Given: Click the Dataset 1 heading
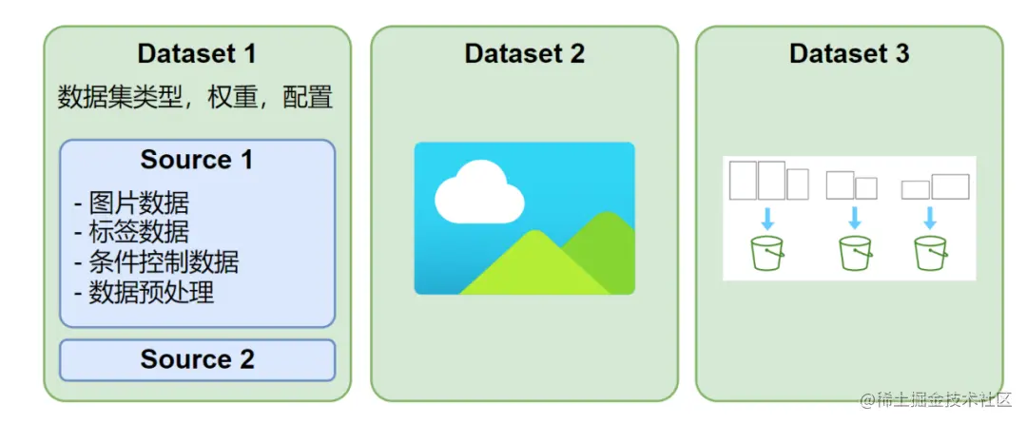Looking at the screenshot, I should click(x=197, y=53).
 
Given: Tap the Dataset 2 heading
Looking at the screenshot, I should click(x=524, y=53).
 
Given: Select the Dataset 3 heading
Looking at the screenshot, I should click(x=849, y=53).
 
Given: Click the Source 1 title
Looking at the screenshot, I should click(x=197, y=159).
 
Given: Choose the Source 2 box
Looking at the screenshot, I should click(x=197, y=359).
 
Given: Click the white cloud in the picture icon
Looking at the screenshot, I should click(x=478, y=194).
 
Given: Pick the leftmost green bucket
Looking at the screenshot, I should click(x=766, y=254).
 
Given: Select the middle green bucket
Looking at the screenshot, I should click(x=854, y=254).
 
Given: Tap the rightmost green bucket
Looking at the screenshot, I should click(x=930, y=254).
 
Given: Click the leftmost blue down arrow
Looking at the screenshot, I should click(x=766, y=216).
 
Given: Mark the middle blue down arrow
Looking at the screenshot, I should click(x=854, y=216).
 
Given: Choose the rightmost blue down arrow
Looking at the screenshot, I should click(x=930, y=218).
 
